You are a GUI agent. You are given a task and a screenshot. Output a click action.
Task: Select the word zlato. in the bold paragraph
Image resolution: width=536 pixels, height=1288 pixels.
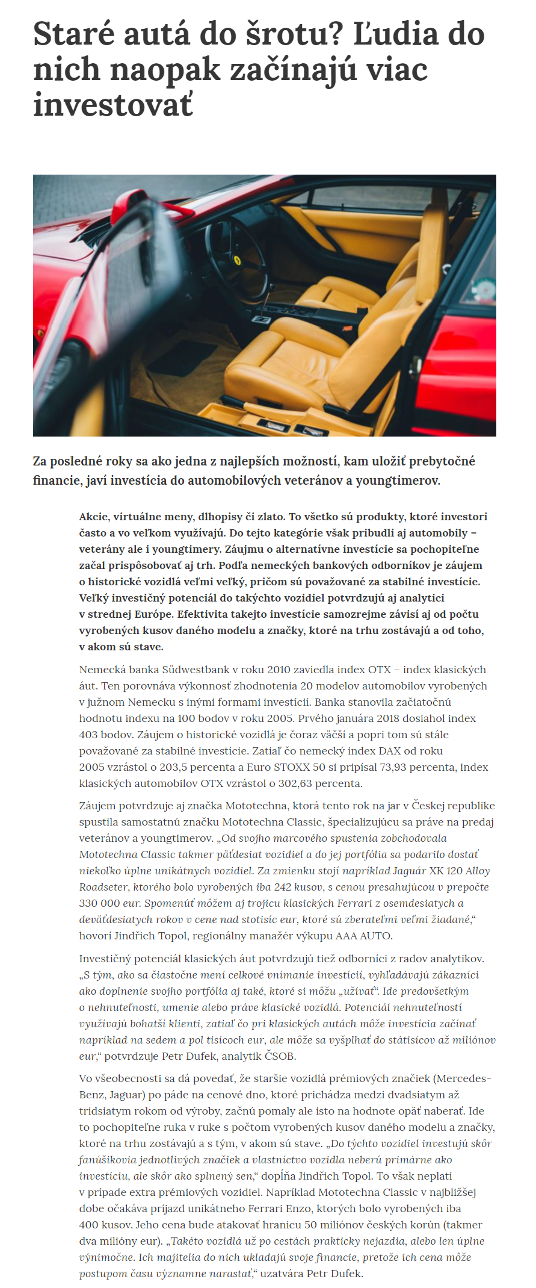[270, 517]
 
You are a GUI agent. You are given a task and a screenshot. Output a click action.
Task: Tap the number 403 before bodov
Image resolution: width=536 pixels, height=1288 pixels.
[88, 735]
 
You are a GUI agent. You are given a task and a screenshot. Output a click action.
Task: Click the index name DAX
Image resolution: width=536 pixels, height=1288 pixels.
[390, 751]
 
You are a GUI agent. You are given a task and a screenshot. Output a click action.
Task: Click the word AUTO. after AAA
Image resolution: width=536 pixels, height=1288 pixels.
[376, 936]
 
